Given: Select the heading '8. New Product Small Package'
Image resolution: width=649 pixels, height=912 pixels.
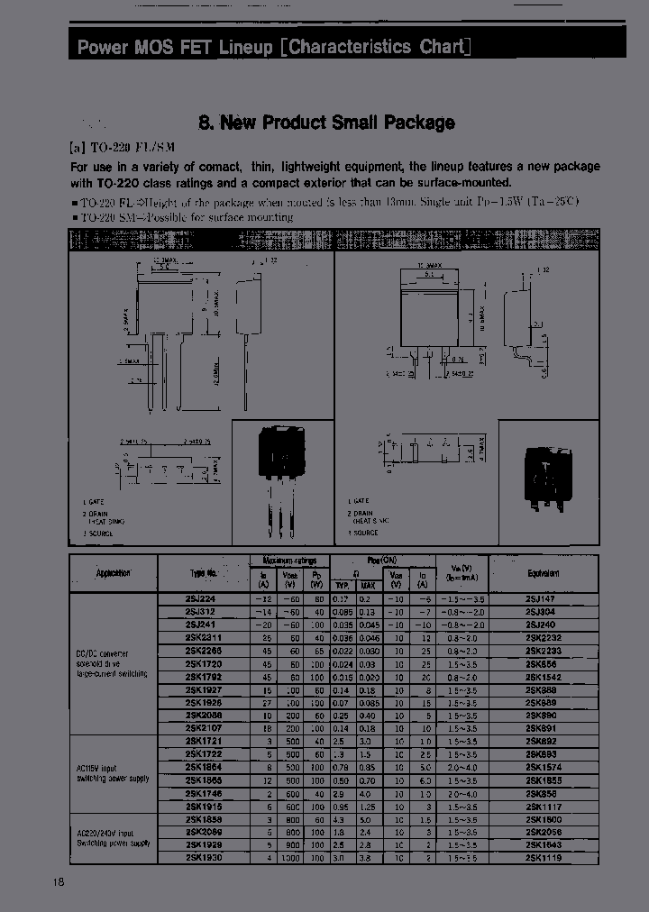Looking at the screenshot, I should tap(325, 123).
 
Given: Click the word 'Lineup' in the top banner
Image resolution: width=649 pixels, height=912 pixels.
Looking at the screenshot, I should tap(244, 47).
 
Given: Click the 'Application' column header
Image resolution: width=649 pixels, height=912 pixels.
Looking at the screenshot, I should tap(114, 573).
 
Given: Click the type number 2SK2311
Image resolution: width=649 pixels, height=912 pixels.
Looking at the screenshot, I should tap(204, 638).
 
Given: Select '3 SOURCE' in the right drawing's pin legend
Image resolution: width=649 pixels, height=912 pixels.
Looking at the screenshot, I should tap(364, 534).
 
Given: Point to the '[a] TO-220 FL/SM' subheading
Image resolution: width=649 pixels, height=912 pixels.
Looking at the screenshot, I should tap(122, 147).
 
